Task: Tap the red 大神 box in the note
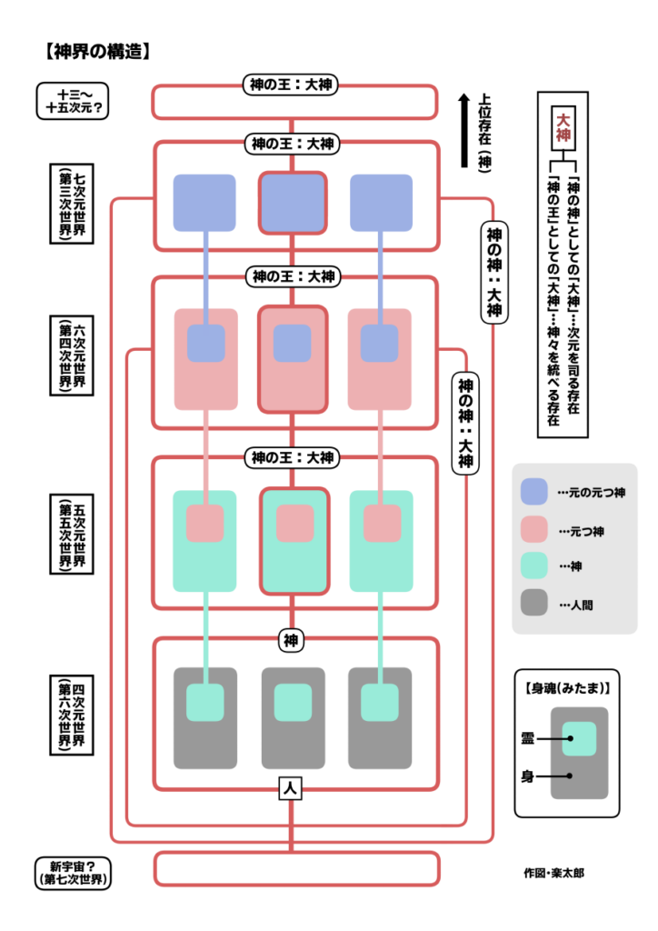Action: (564, 125)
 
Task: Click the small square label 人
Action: (291, 790)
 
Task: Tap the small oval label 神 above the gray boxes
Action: (291, 640)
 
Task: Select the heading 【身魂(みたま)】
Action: (566, 688)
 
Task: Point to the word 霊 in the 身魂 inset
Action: (528, 739)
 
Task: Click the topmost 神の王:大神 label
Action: (292, 85)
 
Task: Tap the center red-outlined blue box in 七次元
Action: (292, 203)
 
